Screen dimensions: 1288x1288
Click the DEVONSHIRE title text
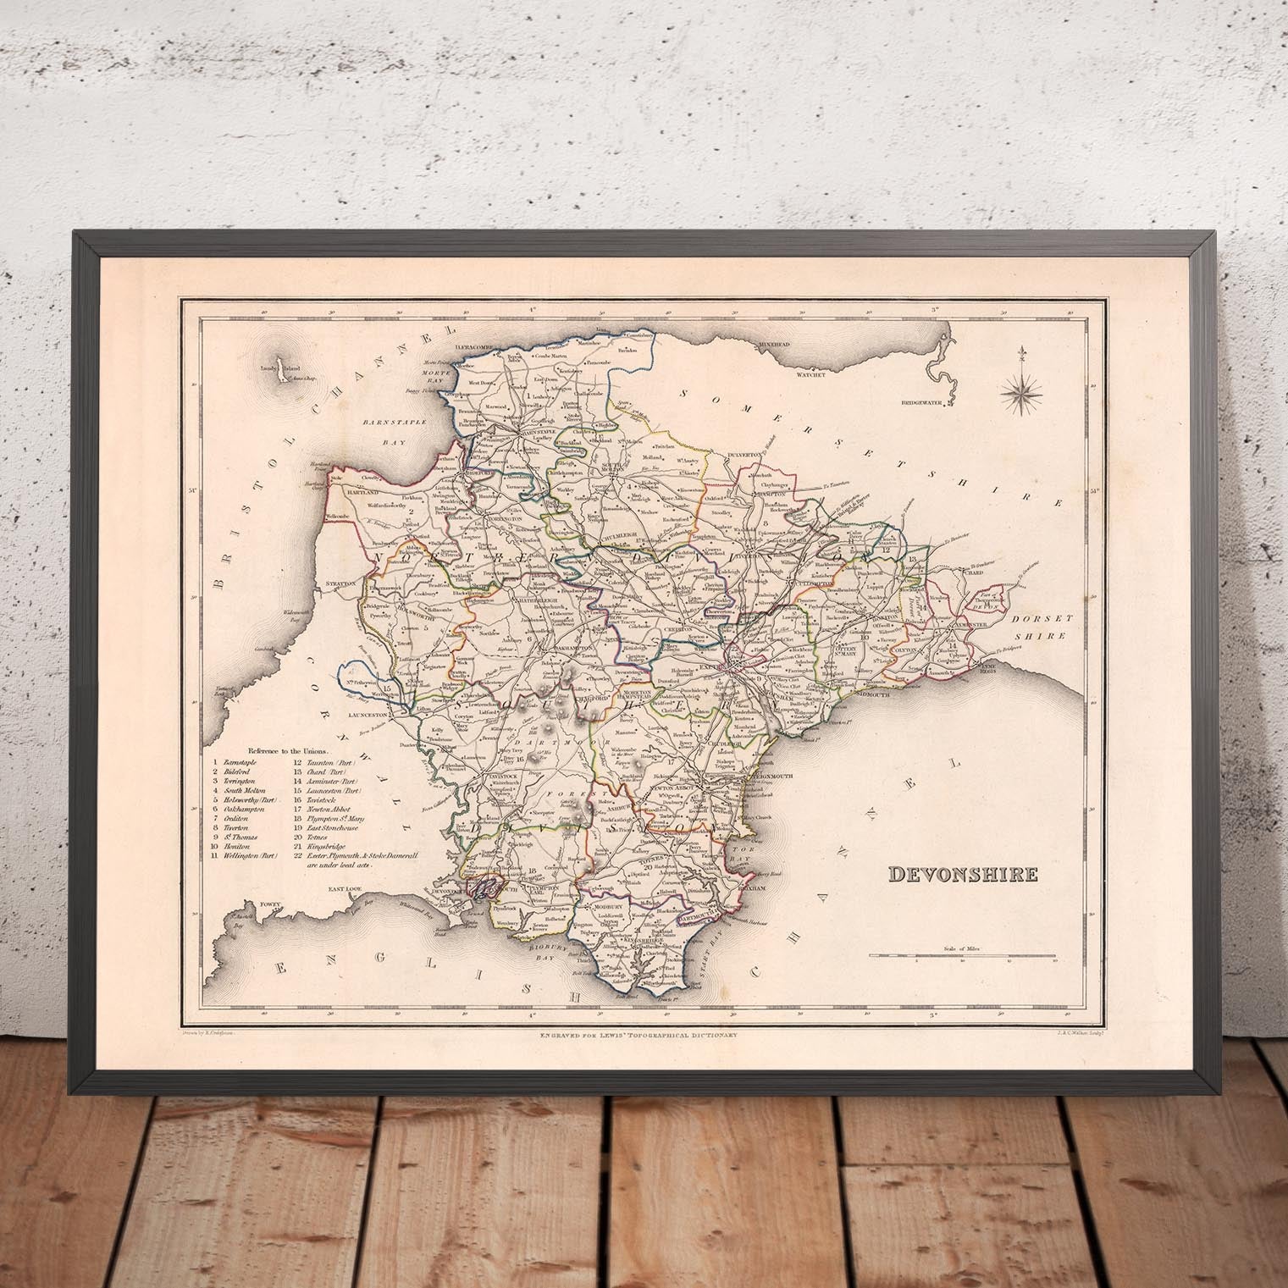[x=964, y=875]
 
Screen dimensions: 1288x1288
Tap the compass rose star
[x=1021, y=390]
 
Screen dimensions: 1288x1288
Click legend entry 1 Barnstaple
[x=240, y=764]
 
